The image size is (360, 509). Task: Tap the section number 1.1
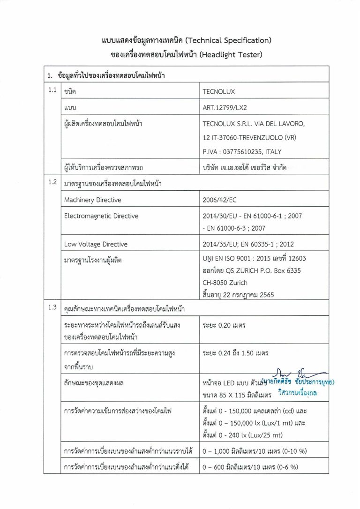pos(52,90)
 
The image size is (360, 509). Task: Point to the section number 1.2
pos(52,182)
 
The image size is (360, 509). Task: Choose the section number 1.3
pos(52,307)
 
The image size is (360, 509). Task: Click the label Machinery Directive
pos(92,200)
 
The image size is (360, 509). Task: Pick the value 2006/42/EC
pos(219,200)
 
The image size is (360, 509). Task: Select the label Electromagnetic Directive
pos(101,216)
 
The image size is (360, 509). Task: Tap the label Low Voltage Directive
pos(96,244)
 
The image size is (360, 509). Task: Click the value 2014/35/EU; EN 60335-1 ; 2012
pos(248,244)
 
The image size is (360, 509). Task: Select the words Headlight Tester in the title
pos(231,55)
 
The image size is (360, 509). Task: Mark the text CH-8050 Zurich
pos(225,283)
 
